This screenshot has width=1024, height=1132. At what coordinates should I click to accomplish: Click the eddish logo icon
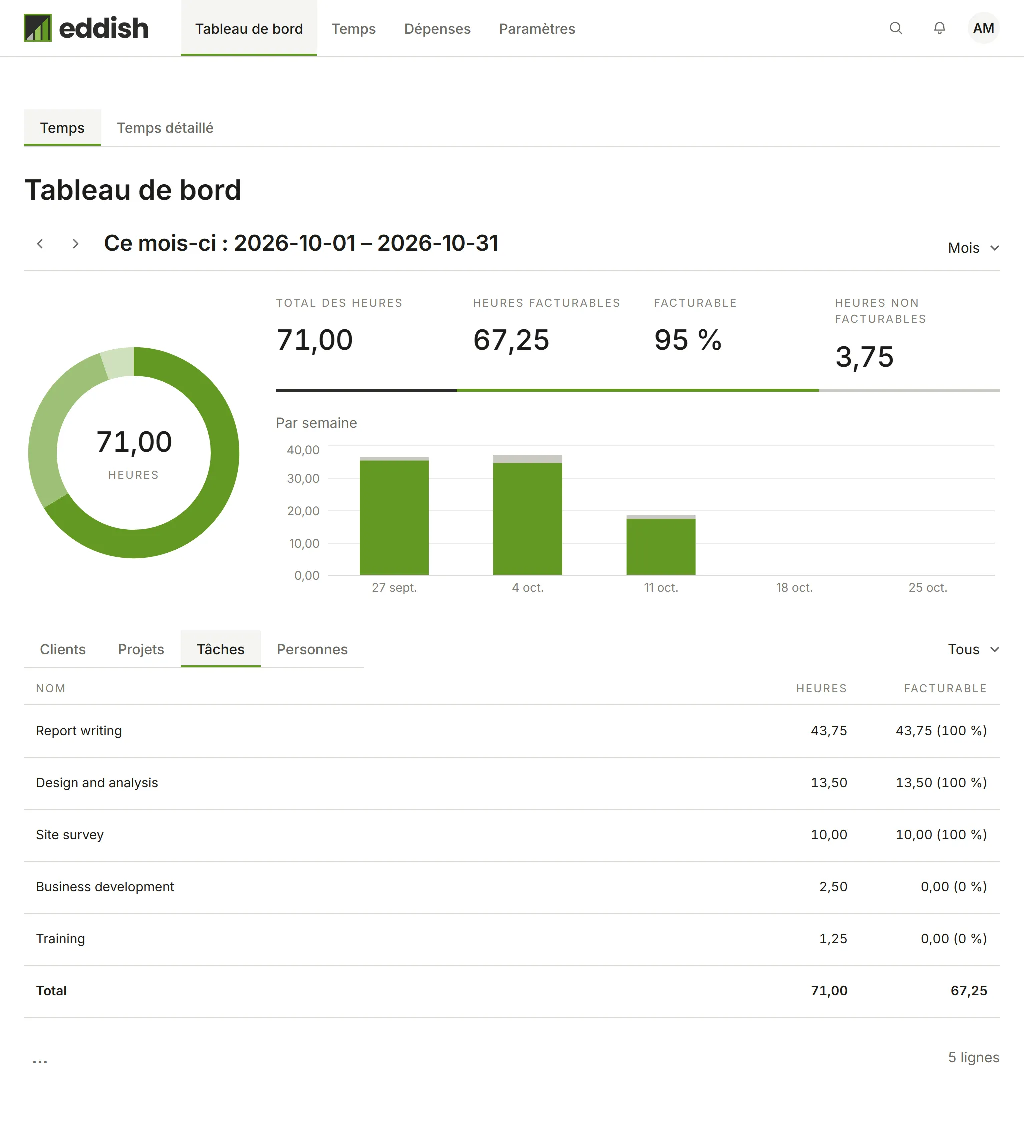coord(37,28)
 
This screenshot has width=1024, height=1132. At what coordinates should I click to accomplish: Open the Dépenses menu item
coord(437,28)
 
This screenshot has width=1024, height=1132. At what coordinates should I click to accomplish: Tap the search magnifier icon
coord(896,28)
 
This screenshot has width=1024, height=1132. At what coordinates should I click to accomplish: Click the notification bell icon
coord(939,28)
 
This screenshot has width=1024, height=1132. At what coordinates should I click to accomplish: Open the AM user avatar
coord(983,28)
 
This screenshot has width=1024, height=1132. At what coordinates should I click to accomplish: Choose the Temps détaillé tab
coord(165,128)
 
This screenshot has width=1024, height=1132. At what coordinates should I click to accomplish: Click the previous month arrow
coord(40,244)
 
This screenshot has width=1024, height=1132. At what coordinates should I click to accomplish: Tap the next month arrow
coord(76,244)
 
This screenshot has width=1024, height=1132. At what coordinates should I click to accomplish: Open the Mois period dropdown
coord(973,248)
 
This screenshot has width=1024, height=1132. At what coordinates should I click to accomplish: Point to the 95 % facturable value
coord(688,340)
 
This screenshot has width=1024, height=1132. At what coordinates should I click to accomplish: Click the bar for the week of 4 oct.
coord(527,515)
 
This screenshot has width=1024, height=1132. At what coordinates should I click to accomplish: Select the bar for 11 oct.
coord(661,545)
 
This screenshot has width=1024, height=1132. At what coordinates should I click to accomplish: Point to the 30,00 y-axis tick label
coord(303,479)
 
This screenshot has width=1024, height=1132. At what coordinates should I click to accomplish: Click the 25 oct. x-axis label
coord(928,588)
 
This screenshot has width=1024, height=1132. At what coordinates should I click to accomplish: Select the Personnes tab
coord(312,649)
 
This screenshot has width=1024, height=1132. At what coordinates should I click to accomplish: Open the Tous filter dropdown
coord(973,649)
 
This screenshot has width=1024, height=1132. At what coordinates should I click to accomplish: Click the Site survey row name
coord(70,835)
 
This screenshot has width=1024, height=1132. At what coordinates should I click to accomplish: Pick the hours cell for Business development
coord(833,887)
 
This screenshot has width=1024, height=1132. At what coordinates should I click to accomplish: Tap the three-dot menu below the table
coord(40,1061)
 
